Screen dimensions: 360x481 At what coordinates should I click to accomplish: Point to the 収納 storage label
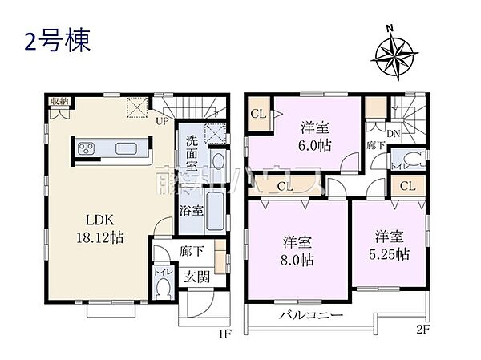click(x=59, y=100)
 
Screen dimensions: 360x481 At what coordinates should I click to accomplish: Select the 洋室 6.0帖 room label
click(x=317, y=136)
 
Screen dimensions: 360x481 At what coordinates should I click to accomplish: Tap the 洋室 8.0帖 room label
click(x=298, y=250)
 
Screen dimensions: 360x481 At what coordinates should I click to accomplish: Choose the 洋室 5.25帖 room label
click(x=390, y=245)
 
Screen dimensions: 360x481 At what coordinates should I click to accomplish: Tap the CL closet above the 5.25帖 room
click(x=407, y=187)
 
